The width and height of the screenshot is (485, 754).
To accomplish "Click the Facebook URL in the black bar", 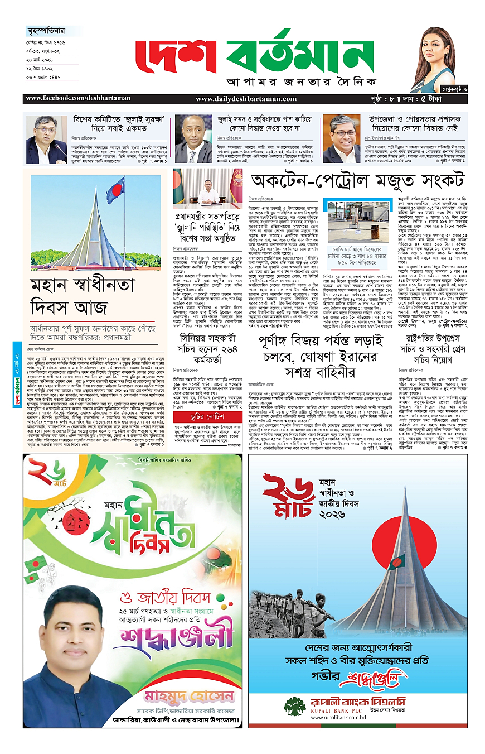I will (77, 99).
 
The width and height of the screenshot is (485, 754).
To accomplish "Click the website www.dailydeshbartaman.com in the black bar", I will (246, 99).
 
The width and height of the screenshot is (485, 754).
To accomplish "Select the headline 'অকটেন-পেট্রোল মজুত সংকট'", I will (357, 181).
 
